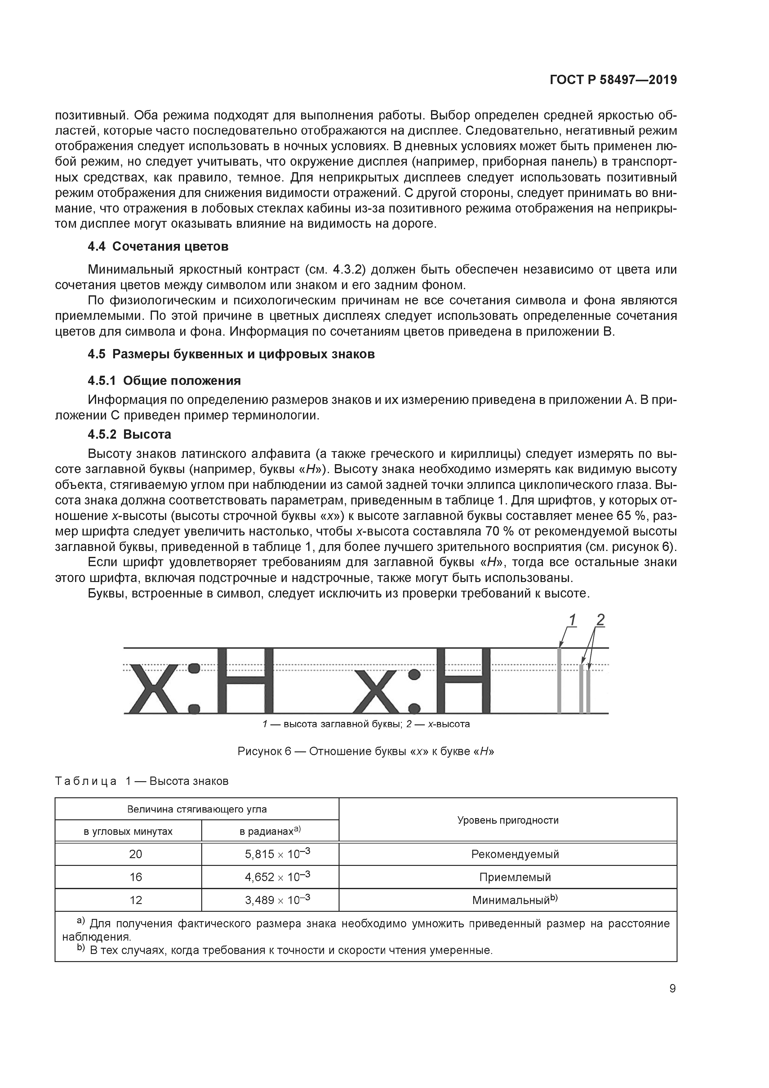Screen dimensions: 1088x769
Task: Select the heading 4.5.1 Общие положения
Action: point(164,381)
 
